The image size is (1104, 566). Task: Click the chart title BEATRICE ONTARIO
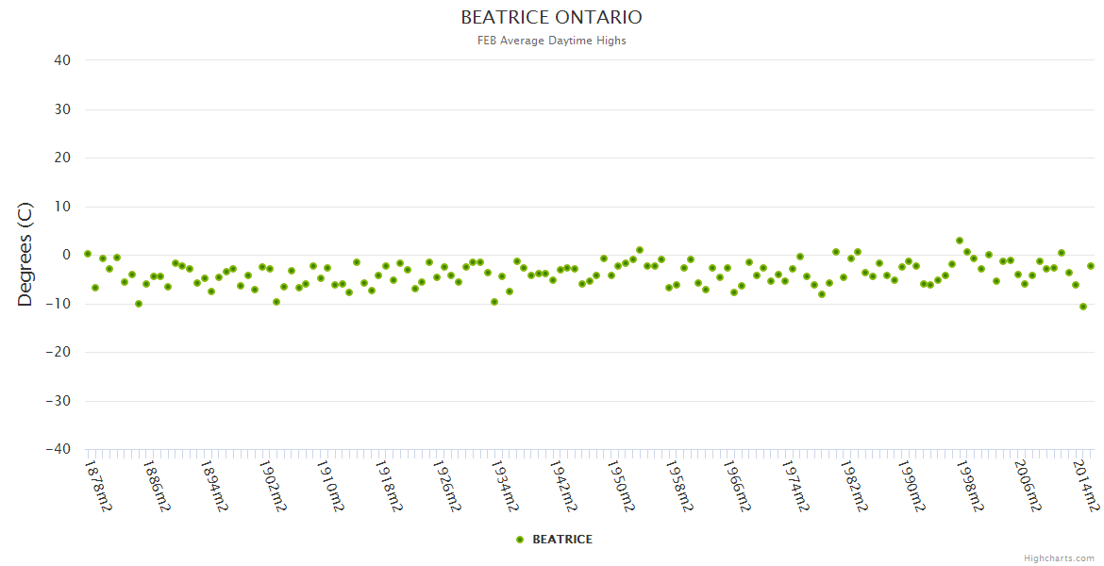pyautogui.click(x=551, y=17)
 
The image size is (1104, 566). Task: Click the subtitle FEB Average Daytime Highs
pyautogui.click(x=551, y=41)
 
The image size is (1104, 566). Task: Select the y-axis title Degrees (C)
pyautogui.click(x=25, y=254)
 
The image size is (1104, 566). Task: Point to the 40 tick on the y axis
pyautogui.click(x=62, y=60)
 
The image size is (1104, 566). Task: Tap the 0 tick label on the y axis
pyautogui.click(x=66, y=255)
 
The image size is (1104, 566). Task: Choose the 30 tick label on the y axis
pyautogui.click(x=62, y=109)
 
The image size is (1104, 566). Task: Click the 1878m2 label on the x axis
pyautogui.click(x=98, y=486)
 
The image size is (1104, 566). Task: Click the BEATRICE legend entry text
pyautogui.click(x=562, y=540)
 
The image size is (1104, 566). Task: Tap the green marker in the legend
pyautogui.click(x=519, y=540)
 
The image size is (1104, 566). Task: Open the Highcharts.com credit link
pyautogui.click(x=1059, y=558)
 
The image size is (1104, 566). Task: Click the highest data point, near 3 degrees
pyautogui.click(x=960, y=241)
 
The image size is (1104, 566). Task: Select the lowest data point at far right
pyautogui.click(x=1083, y=307)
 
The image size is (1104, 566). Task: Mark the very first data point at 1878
pyautogui.click(x=88, y=254)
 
